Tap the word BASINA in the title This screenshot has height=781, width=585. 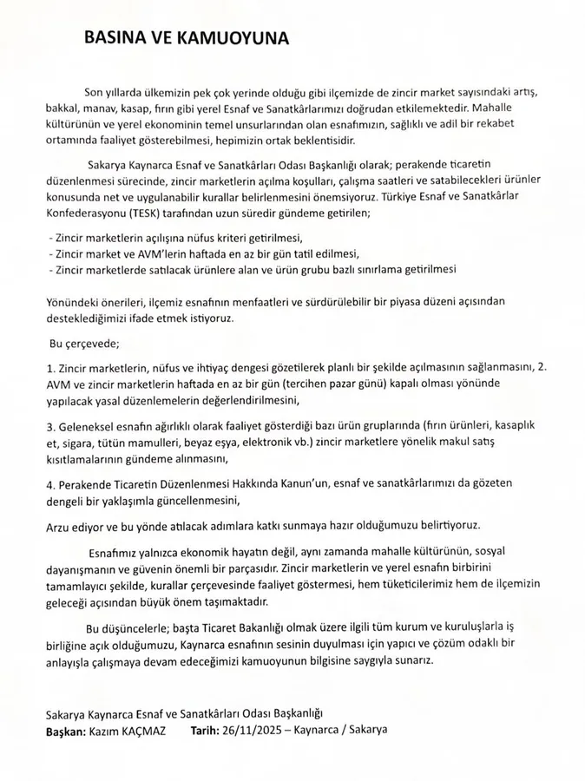112,38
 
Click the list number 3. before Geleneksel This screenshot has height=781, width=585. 50,428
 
